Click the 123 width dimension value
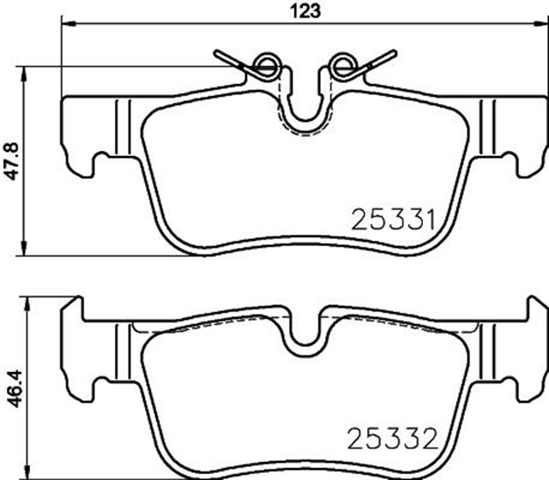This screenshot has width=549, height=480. (310, 10)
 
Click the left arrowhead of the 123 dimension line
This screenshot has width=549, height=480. (66, 26)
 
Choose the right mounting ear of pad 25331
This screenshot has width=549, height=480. (523, 137)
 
